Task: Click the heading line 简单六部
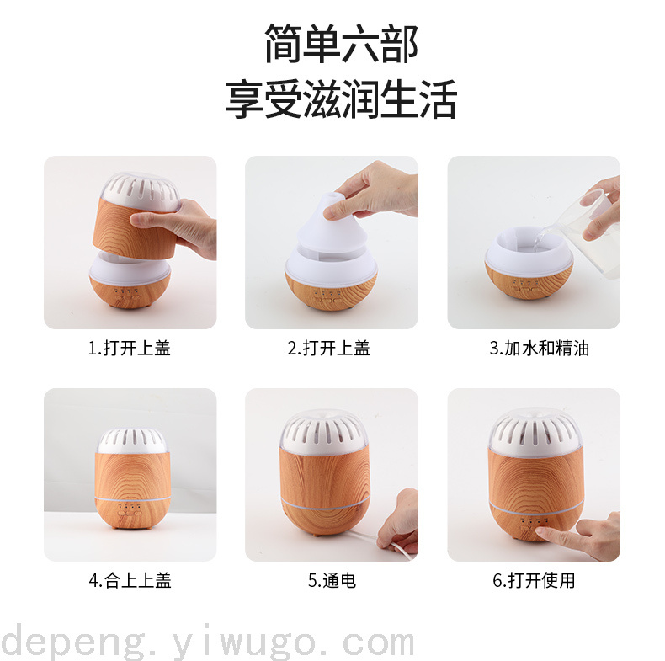point(341,44)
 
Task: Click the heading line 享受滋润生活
point(341,99)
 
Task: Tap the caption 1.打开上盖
point(130,349)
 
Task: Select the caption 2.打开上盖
point(328,349)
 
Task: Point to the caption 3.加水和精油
point(539,349)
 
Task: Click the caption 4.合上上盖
point(130,580)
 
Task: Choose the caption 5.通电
point(332,580)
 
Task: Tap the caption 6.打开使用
point(534,580)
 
